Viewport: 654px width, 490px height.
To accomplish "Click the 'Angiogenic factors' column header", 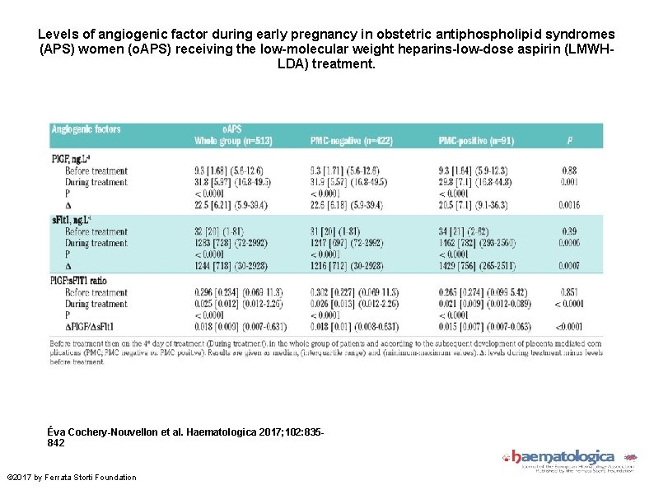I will tap(86, 129).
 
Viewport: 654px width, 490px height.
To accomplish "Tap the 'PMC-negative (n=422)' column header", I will tap(352, 141).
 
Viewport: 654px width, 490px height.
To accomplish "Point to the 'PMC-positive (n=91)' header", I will tap(476, 141).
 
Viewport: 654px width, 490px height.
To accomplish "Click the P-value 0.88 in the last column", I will tap(568, 170).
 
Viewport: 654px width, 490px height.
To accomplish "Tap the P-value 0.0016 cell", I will tap(568, 205).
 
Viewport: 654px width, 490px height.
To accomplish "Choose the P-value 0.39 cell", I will tap(568, 231).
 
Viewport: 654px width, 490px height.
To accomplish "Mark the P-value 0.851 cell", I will tap(568, 292).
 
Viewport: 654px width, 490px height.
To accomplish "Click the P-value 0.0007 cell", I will tap(568, 266).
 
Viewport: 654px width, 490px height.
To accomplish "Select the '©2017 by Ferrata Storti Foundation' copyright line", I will tap(72, 478).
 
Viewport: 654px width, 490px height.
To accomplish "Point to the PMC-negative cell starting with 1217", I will tap(355, 243).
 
